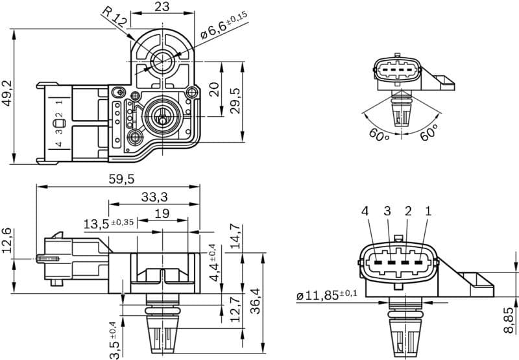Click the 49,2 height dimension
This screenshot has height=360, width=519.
pyautogui.click(x=8, y=94)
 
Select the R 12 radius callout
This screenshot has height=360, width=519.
pyautogui.click(x=114, y=16)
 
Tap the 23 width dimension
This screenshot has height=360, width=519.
pyautogui.click(x=162, y=8)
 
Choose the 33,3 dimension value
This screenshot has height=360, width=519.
pyautogui.click(x=154, y=197)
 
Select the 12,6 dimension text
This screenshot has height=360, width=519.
pyautogui.click(x=8, y=241)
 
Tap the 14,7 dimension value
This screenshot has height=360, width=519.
pyautogui.click(x=235, y=236)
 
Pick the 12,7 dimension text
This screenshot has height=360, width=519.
pyautogui.click(x=235, y=309)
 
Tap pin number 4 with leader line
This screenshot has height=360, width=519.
pyautogui.click(x=365, y=211)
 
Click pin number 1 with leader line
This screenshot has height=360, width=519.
pyautogui.click(x=428, y=211)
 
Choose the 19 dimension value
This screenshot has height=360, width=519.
pyautogui.click(x=162, y=213)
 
